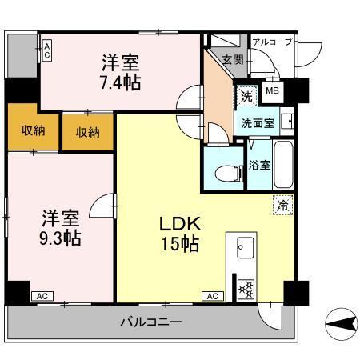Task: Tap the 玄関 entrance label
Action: tap(233, 58)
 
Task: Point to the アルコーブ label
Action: tap(272, 42)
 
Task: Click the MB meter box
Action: tap(272, 91)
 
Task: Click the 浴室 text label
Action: tap(258, 165)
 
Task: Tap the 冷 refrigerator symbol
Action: tap(282, 205)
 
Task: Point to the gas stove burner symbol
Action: tap(246, 288)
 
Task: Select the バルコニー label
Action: tap(151, 322)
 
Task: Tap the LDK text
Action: tap(181, 223)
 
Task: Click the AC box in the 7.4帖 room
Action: tap(46, 50)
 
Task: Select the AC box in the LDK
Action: tap(213, 296)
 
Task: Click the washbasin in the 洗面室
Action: tap(289, 122)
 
